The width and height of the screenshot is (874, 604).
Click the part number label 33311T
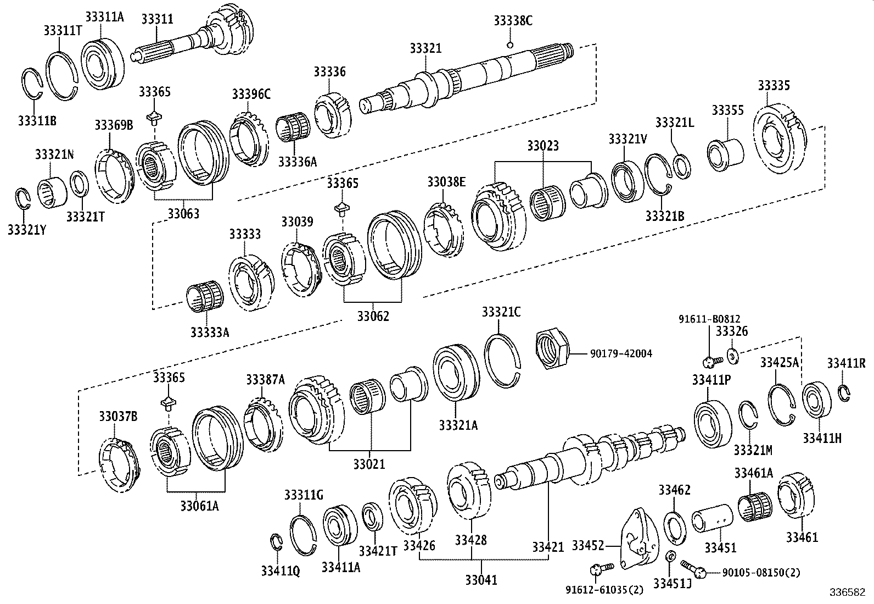point(63,30)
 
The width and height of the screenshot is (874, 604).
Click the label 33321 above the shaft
point(425,48)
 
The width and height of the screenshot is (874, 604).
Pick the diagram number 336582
point(850,594)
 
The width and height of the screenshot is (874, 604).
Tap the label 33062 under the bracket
point(373,317)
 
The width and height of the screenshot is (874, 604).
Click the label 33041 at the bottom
point(481,579)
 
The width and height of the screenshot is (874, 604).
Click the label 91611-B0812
point(709,318)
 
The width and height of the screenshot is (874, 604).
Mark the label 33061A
point(198,505)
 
